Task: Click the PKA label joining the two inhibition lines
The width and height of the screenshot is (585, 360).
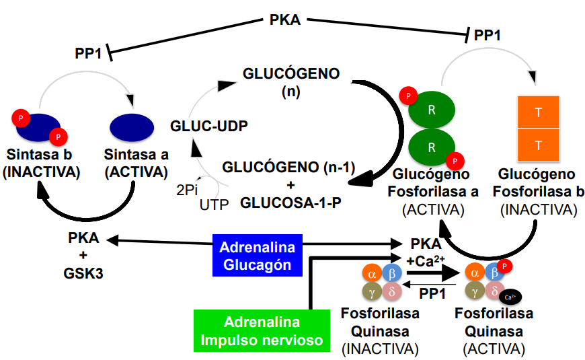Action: (284, 20)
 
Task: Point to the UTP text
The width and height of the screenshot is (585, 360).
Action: (214, 203)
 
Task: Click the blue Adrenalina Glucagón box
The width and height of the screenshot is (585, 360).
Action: (258, 255)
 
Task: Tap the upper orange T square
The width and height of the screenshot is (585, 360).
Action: (538, 112)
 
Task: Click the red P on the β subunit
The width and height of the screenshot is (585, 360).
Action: (506, 267)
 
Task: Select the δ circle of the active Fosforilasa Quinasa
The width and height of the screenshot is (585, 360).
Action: (494, 292)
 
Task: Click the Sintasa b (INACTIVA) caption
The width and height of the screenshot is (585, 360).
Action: (41, 164)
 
